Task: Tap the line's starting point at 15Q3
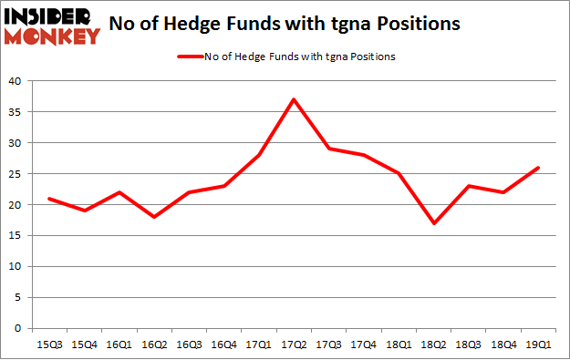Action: click(x=48, y=199)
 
